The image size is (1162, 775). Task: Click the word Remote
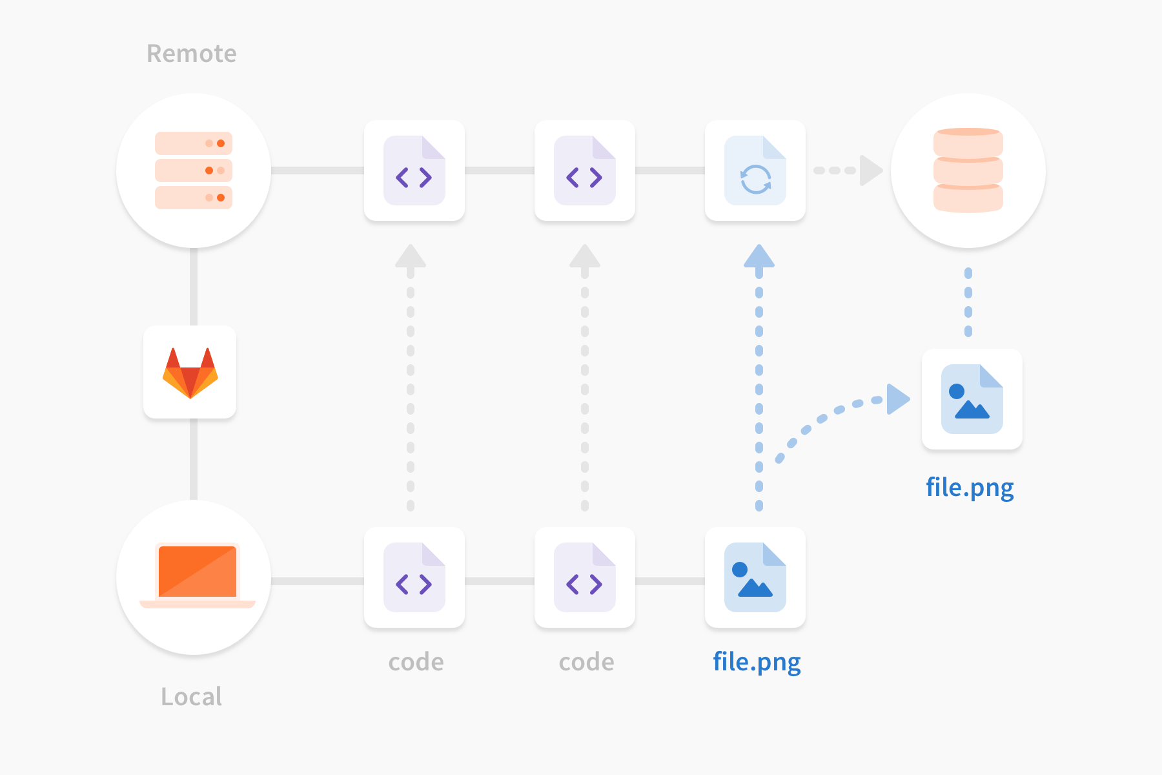coord(192,54)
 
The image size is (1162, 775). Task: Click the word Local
coord(192,697)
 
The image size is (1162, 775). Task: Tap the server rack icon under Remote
coord(194,170)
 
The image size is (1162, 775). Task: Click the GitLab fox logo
coord(190,373)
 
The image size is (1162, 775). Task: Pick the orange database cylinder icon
coord(968,170)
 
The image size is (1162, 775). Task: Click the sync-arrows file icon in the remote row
coord(755,171)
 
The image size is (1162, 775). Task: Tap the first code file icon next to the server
coord(414,171)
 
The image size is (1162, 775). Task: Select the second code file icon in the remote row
coord(585,171)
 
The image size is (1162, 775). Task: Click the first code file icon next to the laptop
coord(414,578)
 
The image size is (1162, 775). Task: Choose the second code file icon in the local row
coord(585,578)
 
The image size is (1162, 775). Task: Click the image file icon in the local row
coord(755,578)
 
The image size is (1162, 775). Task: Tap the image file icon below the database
coord(972,400)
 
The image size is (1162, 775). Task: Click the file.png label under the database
coord(970,488)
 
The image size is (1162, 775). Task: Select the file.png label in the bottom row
coord(757,662)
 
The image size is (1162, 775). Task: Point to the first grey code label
coord(416,662)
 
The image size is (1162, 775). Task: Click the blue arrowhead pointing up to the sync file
coord(759,257)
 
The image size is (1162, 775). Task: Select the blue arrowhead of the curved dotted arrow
coord(897,399)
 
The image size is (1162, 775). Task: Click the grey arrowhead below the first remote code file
coord(411,257)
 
